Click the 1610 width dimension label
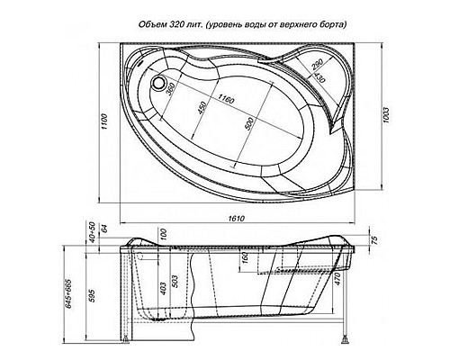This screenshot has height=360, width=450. click(235, 220)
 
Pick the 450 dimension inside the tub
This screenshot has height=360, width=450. click(202, 109)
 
